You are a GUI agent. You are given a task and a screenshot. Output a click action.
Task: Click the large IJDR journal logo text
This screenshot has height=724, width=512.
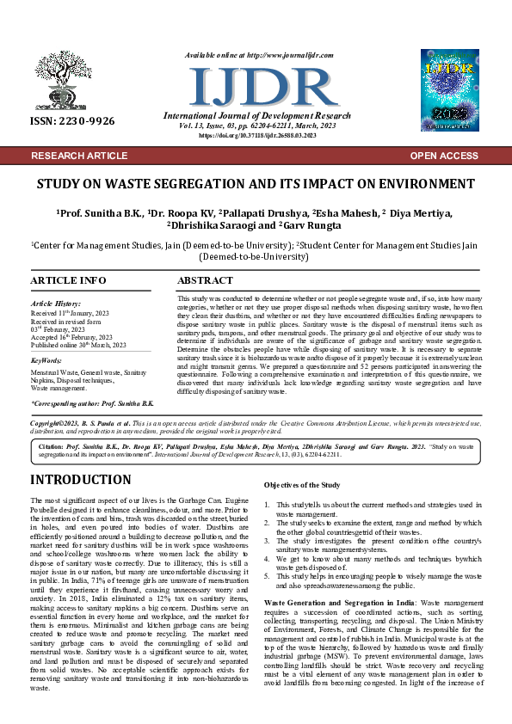(x=251, y=86)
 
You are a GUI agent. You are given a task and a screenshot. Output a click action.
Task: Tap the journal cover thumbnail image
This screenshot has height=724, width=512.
(x=449, y=89)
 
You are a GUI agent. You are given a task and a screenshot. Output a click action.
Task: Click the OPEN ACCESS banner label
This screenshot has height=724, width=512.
(x=444, y=156)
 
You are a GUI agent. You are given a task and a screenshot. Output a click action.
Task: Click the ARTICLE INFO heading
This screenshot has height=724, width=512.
(x=68, y=281)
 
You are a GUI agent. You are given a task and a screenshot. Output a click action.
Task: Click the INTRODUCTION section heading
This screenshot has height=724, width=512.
(x=93, y=480)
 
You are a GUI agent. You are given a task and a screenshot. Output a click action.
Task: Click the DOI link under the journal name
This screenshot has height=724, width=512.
(x=256, y=135)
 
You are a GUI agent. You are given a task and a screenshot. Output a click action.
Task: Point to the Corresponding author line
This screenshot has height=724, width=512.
(x=93, y=403)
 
